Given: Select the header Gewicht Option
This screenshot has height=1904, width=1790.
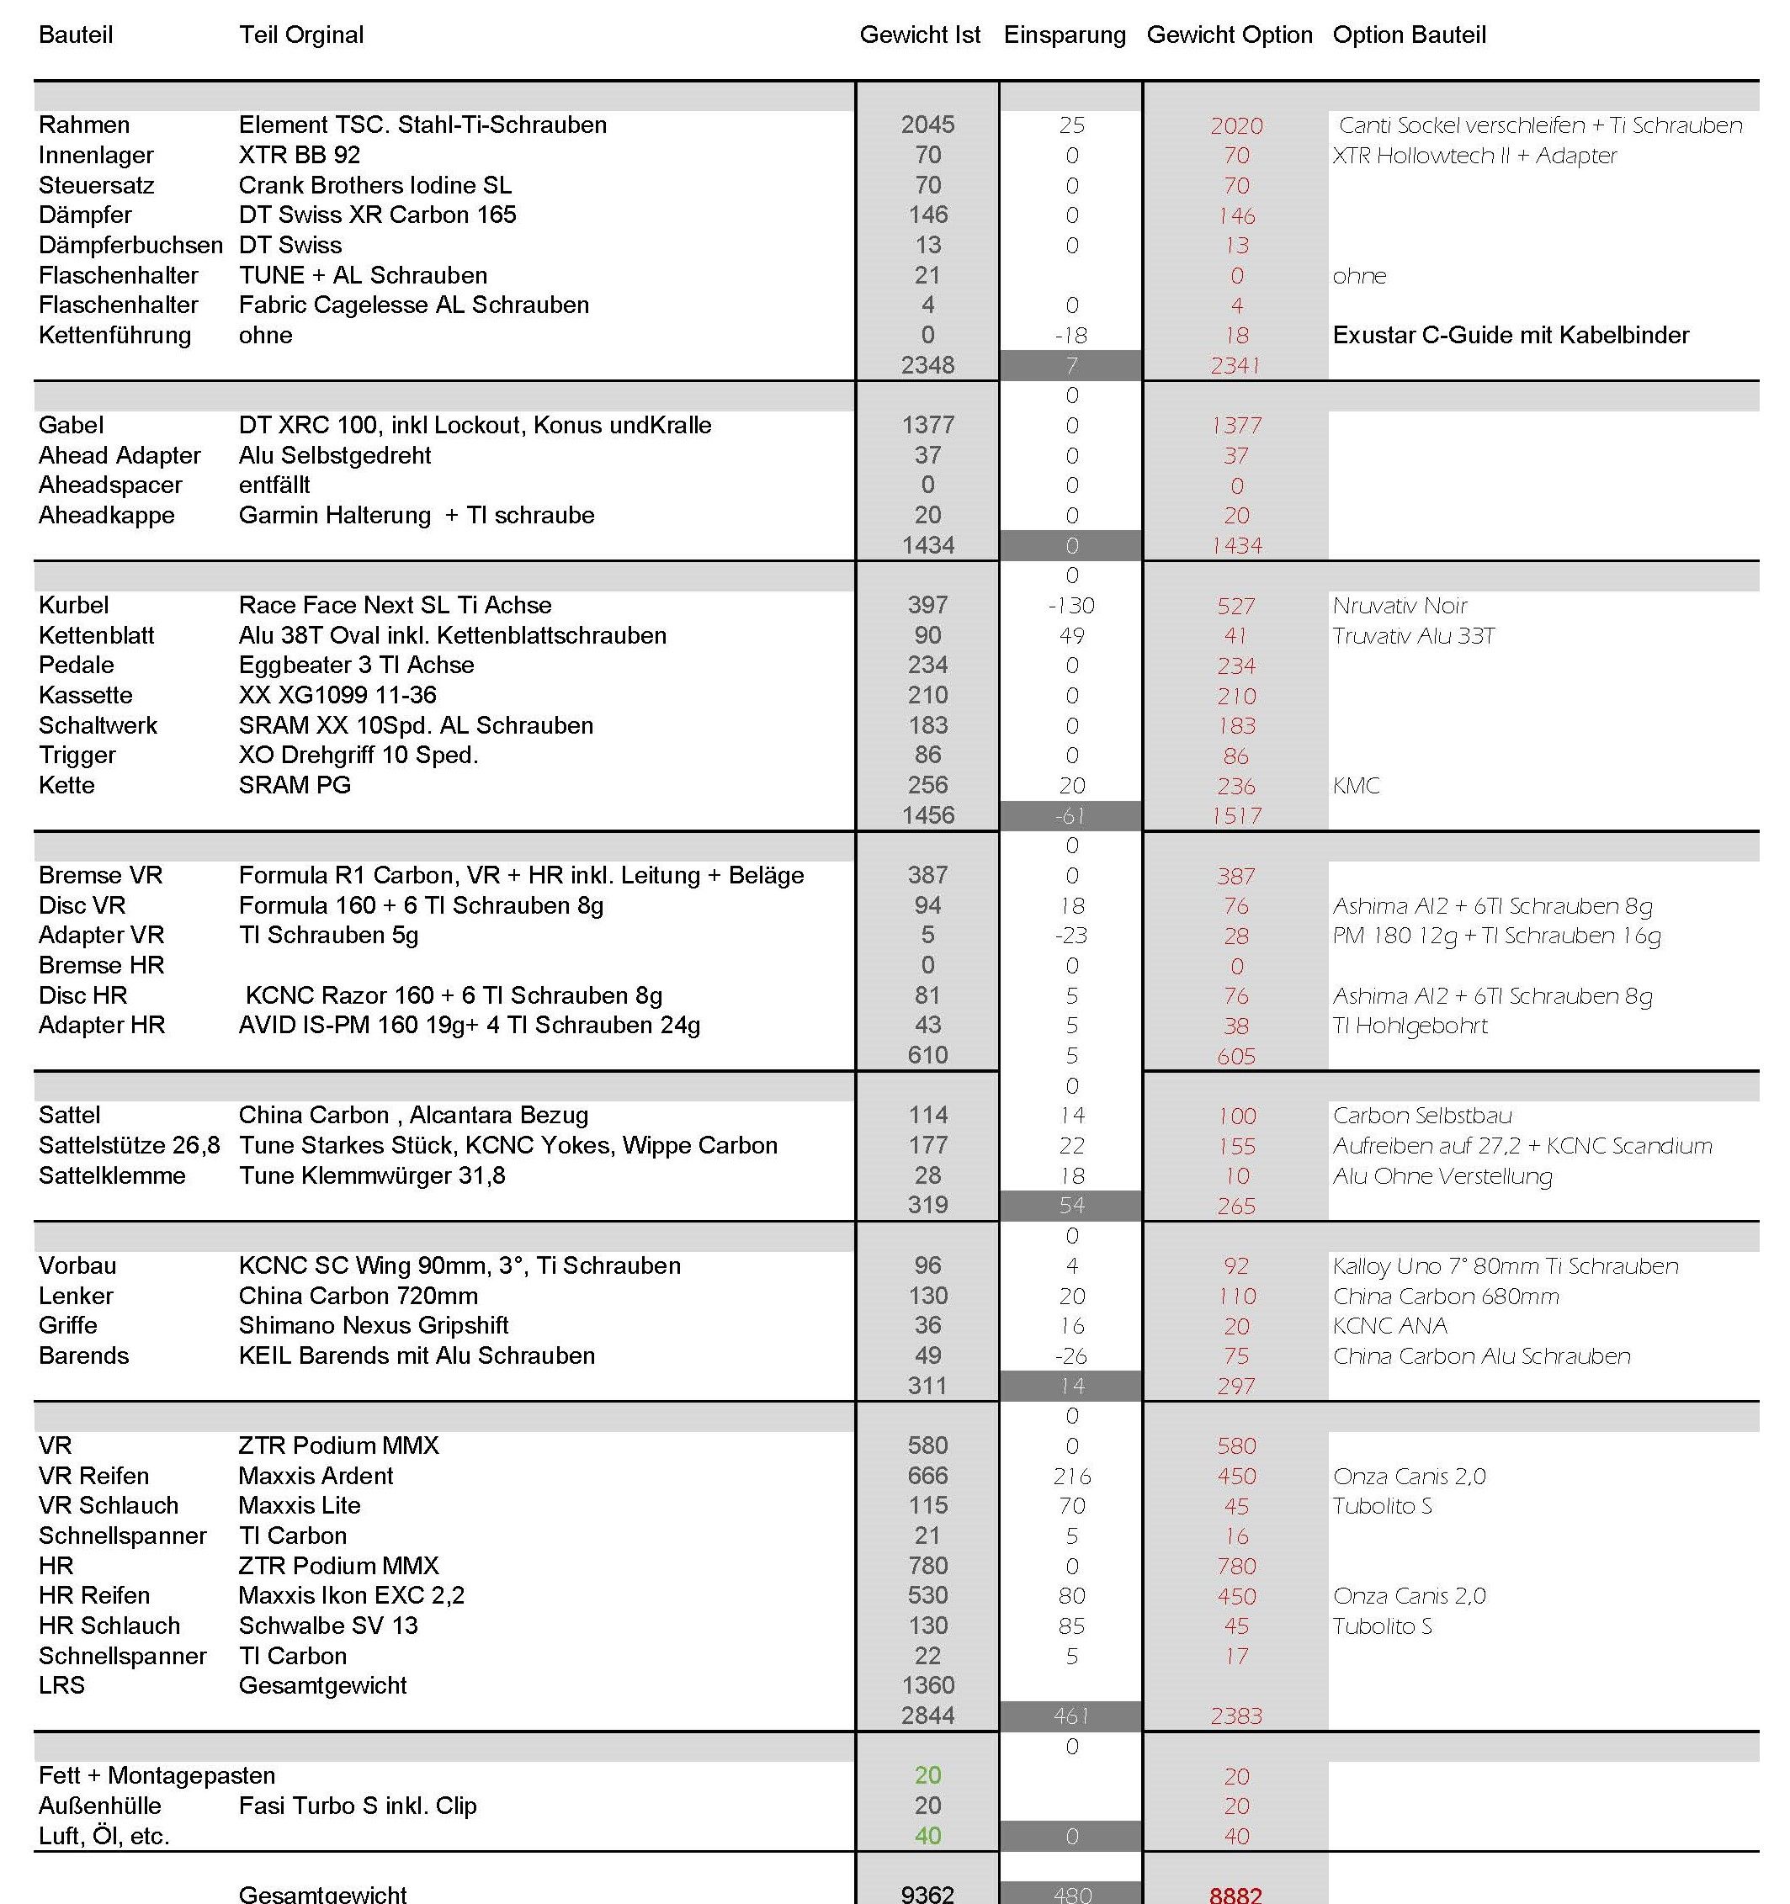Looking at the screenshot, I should pos(1229,35).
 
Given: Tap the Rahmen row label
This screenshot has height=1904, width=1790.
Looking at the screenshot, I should pos(84,125).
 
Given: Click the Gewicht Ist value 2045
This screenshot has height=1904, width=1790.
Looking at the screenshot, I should pos(927,125).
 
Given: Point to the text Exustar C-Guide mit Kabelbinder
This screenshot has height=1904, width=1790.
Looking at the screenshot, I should pos(1511,335).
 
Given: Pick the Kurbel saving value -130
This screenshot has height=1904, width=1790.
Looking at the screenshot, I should pos(1070,605).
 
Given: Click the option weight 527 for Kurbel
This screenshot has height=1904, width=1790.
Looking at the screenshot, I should pos(1235,607).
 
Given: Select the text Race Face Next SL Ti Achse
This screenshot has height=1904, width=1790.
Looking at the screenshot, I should pos(395,605).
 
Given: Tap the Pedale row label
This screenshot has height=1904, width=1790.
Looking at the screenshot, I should pos(76,665).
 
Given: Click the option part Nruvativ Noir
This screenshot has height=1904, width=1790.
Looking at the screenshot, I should pos(1400,605).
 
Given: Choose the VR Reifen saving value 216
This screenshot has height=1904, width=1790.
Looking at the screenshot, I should pos(1071,1476).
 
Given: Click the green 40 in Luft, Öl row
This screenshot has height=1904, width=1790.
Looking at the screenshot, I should pos(927,1835).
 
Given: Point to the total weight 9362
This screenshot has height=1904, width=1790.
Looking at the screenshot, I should pos(927,1893).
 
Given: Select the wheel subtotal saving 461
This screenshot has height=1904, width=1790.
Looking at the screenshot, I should pos(1070,1716).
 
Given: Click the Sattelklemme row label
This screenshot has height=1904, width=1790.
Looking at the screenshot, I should pos(112,1175).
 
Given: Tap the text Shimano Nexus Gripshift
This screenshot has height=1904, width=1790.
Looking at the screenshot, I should pos(374,1325).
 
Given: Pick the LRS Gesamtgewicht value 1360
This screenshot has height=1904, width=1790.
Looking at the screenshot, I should pos(927,1684).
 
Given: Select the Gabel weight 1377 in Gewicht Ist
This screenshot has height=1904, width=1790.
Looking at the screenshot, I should pos(927,425).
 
